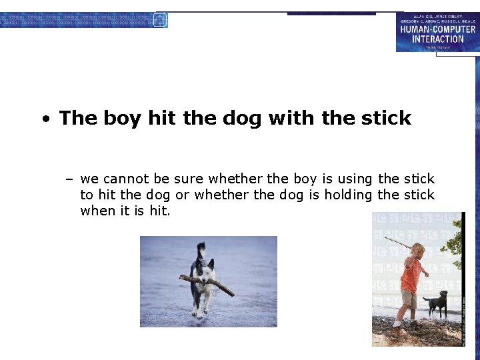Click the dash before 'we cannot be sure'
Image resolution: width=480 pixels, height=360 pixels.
click(x=69, y=179)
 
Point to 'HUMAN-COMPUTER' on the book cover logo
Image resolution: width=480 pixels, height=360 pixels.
click(x=438, y=29)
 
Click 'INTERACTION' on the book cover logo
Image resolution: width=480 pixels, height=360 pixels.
click(x=438, y=39)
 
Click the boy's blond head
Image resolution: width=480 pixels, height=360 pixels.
click(x=417, y=251)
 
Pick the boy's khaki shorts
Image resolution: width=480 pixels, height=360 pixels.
click(x=409, y=299)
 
